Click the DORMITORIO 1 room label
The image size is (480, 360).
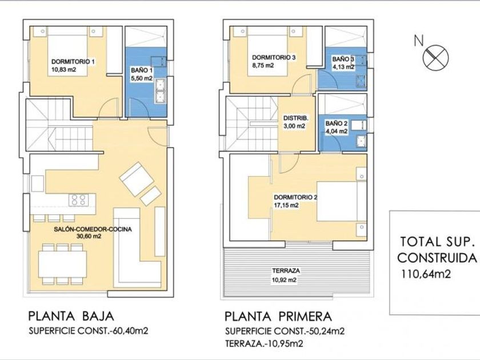click(x=73, y=62)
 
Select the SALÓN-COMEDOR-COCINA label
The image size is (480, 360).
click(x=93, y=229)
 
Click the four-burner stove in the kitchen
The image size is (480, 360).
click(x=78, y=200)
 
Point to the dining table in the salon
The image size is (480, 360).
click(x=62, y=264)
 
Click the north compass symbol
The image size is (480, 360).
click(x=435, y=57)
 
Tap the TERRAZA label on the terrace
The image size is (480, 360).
click(x=286, y=271)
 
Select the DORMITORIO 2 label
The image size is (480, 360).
click(x=295, y=198)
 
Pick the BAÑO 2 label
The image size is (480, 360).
click(x=337, y=123)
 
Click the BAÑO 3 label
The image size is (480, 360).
click(x=343, y=59)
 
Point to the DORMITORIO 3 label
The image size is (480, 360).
click(x=274, y=57)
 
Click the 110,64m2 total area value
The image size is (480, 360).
click(x=426, y=274)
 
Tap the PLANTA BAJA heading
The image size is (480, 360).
click(x=71, y=316)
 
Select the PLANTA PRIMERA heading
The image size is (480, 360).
click(x=278, y=316)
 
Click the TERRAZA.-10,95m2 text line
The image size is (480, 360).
click(x=264, y=343)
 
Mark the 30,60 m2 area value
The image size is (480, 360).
click(x=89, y=237)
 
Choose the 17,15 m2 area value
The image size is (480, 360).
click(x=286, y=205)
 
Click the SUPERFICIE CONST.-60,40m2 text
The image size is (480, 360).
click(x=89, y=331)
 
